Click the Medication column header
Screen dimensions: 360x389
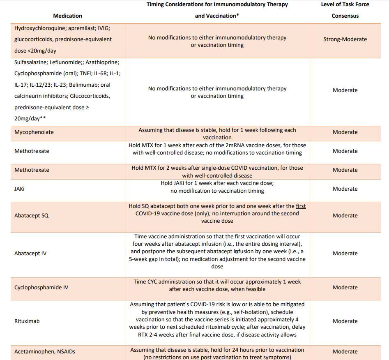point(67,16)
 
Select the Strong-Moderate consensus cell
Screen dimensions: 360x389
point(345,39)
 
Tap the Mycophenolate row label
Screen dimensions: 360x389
point(34,132)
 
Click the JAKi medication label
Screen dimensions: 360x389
point(20,189)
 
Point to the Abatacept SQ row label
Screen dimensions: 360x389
point(31,216)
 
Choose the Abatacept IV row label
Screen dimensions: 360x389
point(30,254)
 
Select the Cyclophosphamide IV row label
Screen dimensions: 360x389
point(41,288)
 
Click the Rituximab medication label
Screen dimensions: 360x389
point(27,321)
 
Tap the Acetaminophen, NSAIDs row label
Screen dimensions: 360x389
point(45,351)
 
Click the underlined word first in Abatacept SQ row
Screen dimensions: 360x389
point(301,206)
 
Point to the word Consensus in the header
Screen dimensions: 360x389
point(345,16)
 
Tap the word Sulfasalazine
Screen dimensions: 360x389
point(30,62)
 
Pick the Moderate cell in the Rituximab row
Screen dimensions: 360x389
point(345,321)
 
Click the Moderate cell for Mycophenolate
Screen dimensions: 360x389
point(345,132)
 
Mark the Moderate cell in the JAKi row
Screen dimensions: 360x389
point(345,189)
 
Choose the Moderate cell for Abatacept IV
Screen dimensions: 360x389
point(345,254)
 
